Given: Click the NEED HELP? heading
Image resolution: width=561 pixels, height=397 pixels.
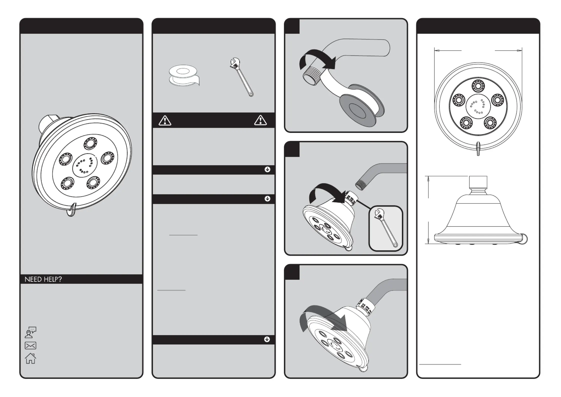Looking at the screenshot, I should [43, 279].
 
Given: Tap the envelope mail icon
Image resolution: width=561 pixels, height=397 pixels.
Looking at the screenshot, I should [30, 345].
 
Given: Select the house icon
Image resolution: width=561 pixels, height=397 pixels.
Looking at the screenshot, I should [30, 358].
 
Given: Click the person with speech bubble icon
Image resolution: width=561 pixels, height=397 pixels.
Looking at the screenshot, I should [30, 332].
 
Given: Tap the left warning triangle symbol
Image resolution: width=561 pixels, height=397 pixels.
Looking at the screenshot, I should [165, 121].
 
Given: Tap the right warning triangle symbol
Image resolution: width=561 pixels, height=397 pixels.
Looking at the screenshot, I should [260, 120].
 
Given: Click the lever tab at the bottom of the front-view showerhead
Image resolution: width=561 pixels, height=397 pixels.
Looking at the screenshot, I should [478, 149].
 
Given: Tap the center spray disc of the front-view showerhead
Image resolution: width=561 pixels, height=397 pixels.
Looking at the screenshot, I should [478, 106].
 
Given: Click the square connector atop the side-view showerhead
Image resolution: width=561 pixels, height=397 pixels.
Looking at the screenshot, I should [478, 182].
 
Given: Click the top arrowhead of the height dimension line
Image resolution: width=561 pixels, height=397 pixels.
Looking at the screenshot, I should [428, 178].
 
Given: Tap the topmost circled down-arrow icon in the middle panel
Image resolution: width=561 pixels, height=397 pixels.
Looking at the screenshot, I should [267, 170].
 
